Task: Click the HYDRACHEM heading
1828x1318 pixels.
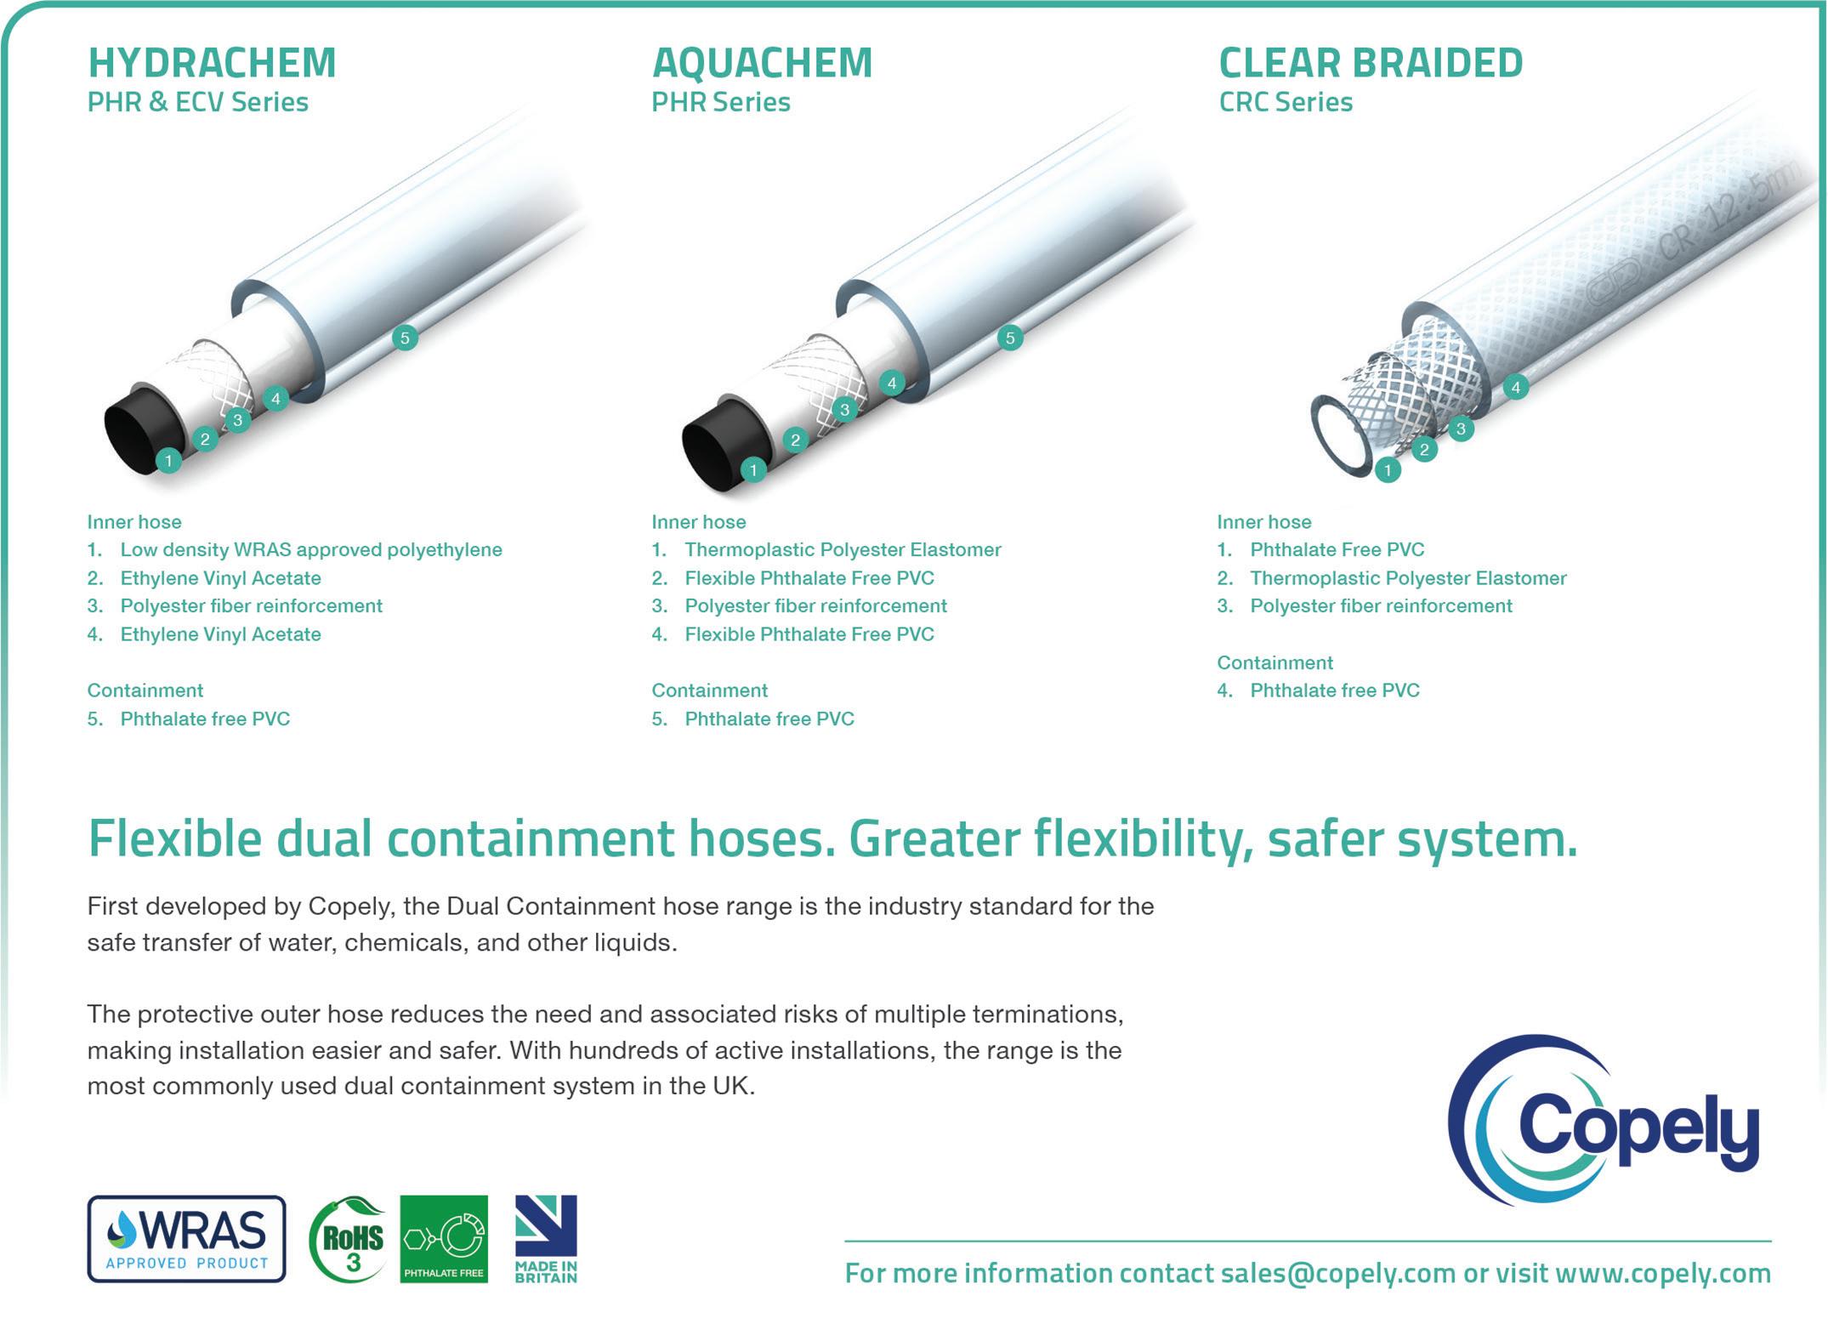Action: tap(213, 63)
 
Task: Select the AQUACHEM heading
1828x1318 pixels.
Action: tap(763, 63)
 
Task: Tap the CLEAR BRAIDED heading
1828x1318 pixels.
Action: tap(1371, 63)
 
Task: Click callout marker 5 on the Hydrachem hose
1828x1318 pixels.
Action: tap(405, 338)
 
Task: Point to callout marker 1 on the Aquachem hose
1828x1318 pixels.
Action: tap(753, 469)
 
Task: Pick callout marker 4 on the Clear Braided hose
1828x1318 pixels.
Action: tap(1515, 388)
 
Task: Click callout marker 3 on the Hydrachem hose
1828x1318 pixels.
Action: tap(238, 419)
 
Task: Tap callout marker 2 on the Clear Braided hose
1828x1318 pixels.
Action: tap(1424, 450)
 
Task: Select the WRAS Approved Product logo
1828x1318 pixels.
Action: tap(186, 1238)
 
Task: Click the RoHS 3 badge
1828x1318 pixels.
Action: tap(347, 1238)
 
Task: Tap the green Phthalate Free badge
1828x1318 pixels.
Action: tap(444, 1238)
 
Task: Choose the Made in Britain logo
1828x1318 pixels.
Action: tap(546, 1238)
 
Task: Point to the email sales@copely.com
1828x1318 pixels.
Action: tap(1337, 1273)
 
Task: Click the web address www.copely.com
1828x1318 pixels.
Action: tap(1663, 1273)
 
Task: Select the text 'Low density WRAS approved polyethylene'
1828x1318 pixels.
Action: tap(311, 549)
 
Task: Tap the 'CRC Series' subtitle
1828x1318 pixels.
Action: tap(1286, 102)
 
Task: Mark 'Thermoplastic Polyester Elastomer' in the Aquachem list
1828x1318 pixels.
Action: tap(843, 549)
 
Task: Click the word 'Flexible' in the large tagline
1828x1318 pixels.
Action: tap(175, 838)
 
